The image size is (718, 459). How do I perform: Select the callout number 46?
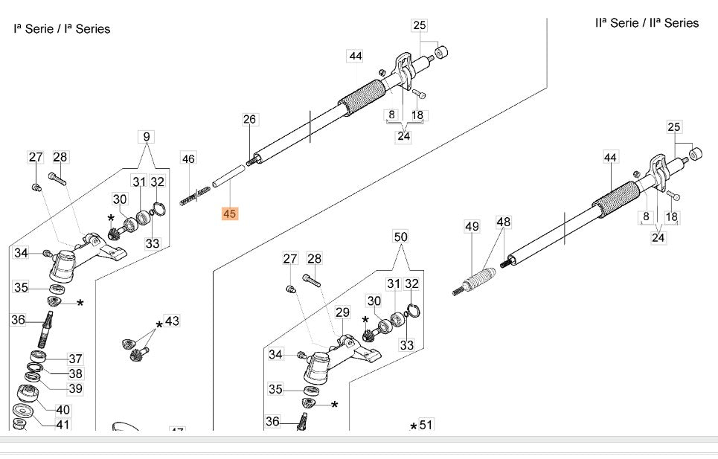pyautogui.click(x=188, y=158)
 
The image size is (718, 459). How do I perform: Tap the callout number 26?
pyautogui.click(x=249, y=119)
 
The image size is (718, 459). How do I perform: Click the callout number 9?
pyautogui.click(x=147, y=136)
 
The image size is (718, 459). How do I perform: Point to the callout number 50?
pyautogui.click(x=400, y=237)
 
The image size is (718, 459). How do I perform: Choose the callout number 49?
pyautogui.click(x=472, y=225)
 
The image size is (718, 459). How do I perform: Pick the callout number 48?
pyautogui.click(x=504, y=222)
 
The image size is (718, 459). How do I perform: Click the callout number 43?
pyautogui.click(x=172, y=321)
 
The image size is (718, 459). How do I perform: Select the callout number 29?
pyautogui.click(x=342, y=312)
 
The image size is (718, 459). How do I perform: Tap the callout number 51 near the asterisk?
pyautogui.click(x=426, y=425)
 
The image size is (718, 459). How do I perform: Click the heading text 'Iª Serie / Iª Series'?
pyautogui.click(x=62, y=29)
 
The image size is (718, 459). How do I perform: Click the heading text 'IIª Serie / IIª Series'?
pyautogui.click(x=647, y=23)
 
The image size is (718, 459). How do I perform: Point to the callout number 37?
pyautogui.click(x=75, y=359)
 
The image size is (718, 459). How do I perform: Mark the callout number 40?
pyautogui.click(x=63, y=409)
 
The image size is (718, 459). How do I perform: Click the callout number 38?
pyautogui.click(x=75, y=373)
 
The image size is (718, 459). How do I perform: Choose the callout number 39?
pyautogui.click(x=75, y=388)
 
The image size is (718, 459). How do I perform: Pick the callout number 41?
pyautogui.click(x=63, y=424)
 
